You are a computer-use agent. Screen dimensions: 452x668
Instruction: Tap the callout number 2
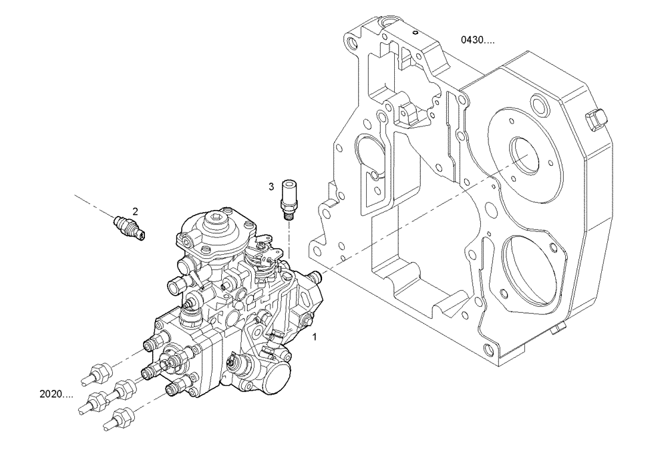(x=135, y=211)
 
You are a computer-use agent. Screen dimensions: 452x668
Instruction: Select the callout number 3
(x=272, y=187)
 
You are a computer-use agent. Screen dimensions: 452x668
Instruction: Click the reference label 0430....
(x=477, y=40)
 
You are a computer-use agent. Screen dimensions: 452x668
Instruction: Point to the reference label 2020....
(x=56, y=394)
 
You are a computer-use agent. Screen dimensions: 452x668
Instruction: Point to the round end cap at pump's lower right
(x=277, y=370)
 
